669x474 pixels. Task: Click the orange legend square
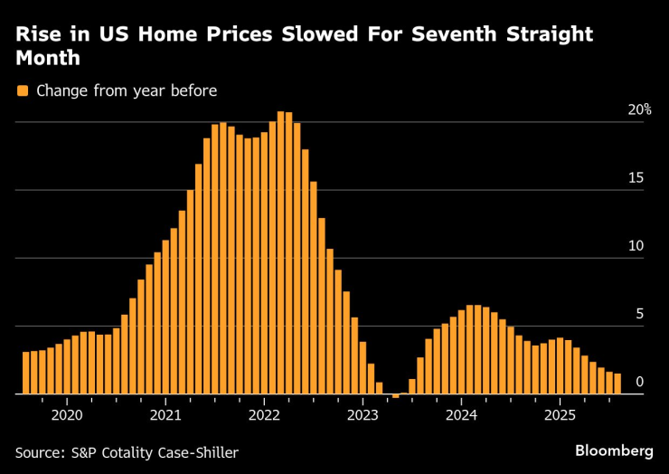23,90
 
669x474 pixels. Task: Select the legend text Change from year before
127,90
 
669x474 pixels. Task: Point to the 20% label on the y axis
640,109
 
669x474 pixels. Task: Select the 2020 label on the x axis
67,416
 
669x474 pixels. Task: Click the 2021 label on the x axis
165,416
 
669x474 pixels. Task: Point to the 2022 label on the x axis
264,416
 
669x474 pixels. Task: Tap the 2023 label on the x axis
363,416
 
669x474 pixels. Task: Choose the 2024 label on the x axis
461,416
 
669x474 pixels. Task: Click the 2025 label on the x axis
560,416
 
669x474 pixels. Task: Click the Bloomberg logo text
614,450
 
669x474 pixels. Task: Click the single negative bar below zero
395,396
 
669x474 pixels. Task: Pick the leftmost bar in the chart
26,373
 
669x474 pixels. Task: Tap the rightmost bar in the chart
617,384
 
